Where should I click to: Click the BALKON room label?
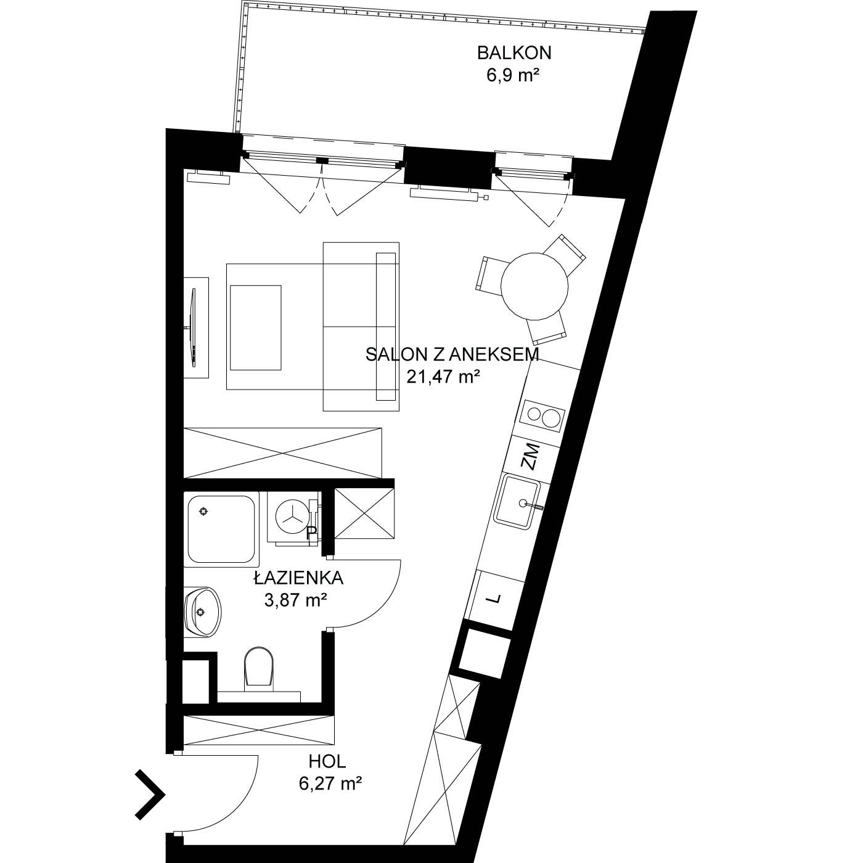pyautogui.click(x=513, y=53)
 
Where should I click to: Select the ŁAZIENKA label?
pyautogui.click(x=299, y=578)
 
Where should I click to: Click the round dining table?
pyautogui.click(x=534, y=286)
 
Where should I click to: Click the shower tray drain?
pyautogui.click(x=204, y=510)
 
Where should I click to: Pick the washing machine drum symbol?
pyautogui.click(x=292, y=517)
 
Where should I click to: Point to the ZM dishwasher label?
pyautogui.click(x=531, y=456)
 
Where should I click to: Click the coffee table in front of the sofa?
pyautogui.click(x=255, y=328)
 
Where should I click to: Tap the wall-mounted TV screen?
pyautogui.click(x=194, y=329)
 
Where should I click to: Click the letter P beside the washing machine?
pyautogui.click(x=311, y=531)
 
